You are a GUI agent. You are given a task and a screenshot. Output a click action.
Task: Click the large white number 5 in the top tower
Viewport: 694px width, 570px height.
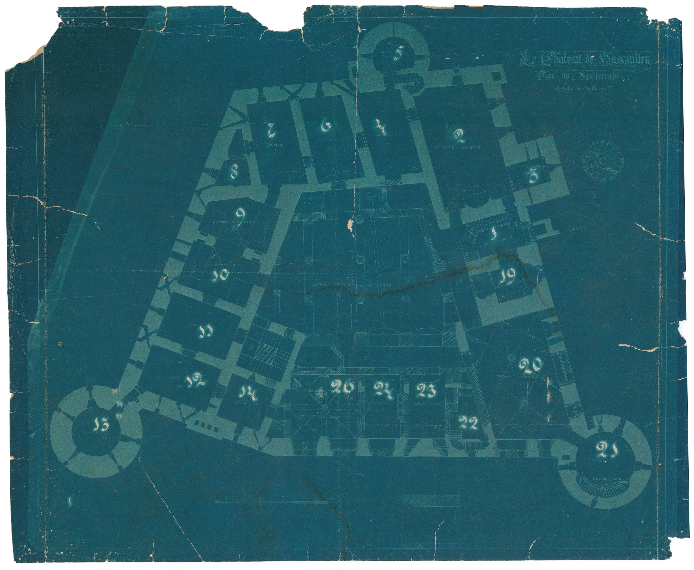(397, 53)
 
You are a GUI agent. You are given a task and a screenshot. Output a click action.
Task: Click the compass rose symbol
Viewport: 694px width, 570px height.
(603, 161)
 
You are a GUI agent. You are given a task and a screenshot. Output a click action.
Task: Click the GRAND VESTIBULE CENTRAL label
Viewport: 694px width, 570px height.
(352, 284)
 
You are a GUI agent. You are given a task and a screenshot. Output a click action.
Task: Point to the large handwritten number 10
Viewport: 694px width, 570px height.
(219, 276)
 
